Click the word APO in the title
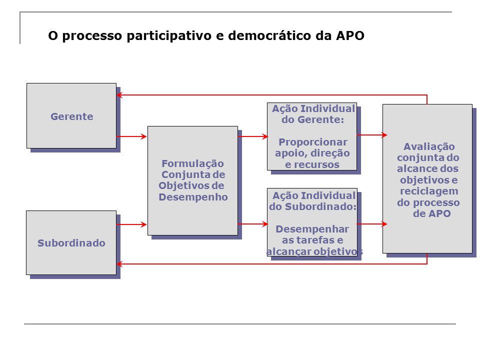pos(350,35)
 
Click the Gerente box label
pos(72,116)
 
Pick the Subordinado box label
pos(71,243)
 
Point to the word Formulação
pos(192,164)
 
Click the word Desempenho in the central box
pos(193,197)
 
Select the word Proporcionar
pos(313,142)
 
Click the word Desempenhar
pos(312,229)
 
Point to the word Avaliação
pos(429,147)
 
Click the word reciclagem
pos(429,191)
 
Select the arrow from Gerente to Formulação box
pos(131,136)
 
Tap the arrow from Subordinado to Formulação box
pos(131,224)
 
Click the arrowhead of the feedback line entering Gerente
pos(119,95)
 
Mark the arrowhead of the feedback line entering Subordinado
pos(119,264)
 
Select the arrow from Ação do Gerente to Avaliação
pos(372,134)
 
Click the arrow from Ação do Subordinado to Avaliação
pos(372,224)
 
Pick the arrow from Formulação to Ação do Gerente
pos(253,136)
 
